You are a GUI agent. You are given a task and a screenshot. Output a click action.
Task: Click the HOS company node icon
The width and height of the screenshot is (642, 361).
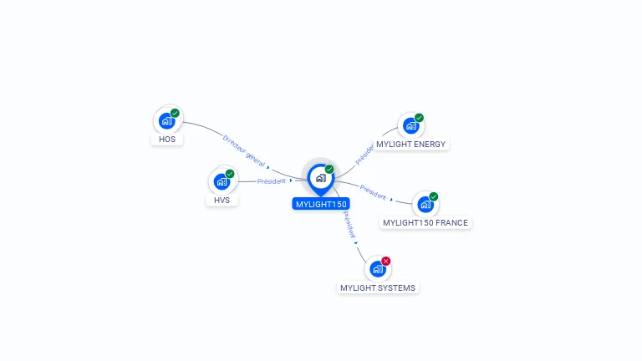coord(167,121)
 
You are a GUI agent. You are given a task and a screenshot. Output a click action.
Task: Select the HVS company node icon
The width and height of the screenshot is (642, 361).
coord(222,181)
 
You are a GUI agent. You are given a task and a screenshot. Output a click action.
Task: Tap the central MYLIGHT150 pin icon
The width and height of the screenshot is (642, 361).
coord(321,180)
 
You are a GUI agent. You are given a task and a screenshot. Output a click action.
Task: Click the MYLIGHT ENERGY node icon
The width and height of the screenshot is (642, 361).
coord(411,125)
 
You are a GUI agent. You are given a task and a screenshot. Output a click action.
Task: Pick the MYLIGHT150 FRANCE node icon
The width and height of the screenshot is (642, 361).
coord(425,204)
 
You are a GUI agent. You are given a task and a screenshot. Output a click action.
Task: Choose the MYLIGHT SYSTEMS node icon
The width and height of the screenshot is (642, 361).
coord(378,269)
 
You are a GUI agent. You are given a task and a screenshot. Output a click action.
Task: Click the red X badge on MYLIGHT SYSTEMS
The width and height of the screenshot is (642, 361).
coord(385,261)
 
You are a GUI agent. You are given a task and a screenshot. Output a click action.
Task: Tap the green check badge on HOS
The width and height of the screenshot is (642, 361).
coord(175,113)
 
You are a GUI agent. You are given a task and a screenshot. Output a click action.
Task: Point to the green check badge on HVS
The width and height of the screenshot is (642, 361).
coord(230,174)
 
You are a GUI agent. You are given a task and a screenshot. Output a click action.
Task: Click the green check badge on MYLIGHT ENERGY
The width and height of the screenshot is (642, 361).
coord(419,118)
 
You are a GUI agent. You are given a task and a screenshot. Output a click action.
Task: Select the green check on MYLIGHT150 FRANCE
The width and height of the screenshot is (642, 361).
coord(434,196)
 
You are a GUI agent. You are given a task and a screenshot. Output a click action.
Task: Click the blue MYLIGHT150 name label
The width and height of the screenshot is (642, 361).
coord(321,204)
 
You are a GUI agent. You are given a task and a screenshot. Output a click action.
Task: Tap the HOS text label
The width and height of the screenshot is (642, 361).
coord(167,140)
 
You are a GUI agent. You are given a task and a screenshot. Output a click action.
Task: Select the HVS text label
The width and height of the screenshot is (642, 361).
coord(222,201)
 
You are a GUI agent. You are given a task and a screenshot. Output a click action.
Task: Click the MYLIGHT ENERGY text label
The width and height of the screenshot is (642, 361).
coord(410,144)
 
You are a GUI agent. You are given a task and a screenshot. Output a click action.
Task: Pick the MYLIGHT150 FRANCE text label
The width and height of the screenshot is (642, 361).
coord(425,222)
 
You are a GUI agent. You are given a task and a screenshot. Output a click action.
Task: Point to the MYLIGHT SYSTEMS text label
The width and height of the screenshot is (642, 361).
coord(378,287)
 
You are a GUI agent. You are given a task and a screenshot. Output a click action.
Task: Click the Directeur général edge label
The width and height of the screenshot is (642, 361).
coord(244,151)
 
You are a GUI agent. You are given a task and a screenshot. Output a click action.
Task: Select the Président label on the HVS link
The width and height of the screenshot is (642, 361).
coord(271,180)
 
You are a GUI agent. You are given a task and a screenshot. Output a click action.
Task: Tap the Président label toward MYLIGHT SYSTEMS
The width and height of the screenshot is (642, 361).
coord(349,225)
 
